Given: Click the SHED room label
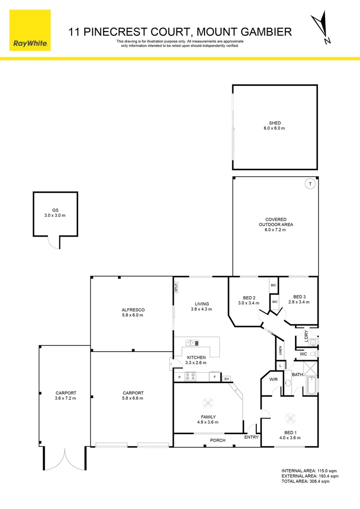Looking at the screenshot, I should point(275,123).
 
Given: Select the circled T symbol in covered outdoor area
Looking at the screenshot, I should point(310,184).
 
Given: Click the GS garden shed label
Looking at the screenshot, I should point(55,210).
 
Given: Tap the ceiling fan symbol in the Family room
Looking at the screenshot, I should point(208,402).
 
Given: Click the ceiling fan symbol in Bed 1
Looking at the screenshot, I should point(289,418).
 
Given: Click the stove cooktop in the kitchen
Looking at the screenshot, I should point(190,376).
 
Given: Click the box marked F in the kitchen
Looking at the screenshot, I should point(214,377).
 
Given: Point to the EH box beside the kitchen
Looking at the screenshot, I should point(227,378).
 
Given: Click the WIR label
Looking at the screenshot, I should point(273,379).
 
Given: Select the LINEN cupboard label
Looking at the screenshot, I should point(280,350).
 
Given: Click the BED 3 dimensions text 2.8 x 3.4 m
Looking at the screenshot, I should point(299,302).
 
